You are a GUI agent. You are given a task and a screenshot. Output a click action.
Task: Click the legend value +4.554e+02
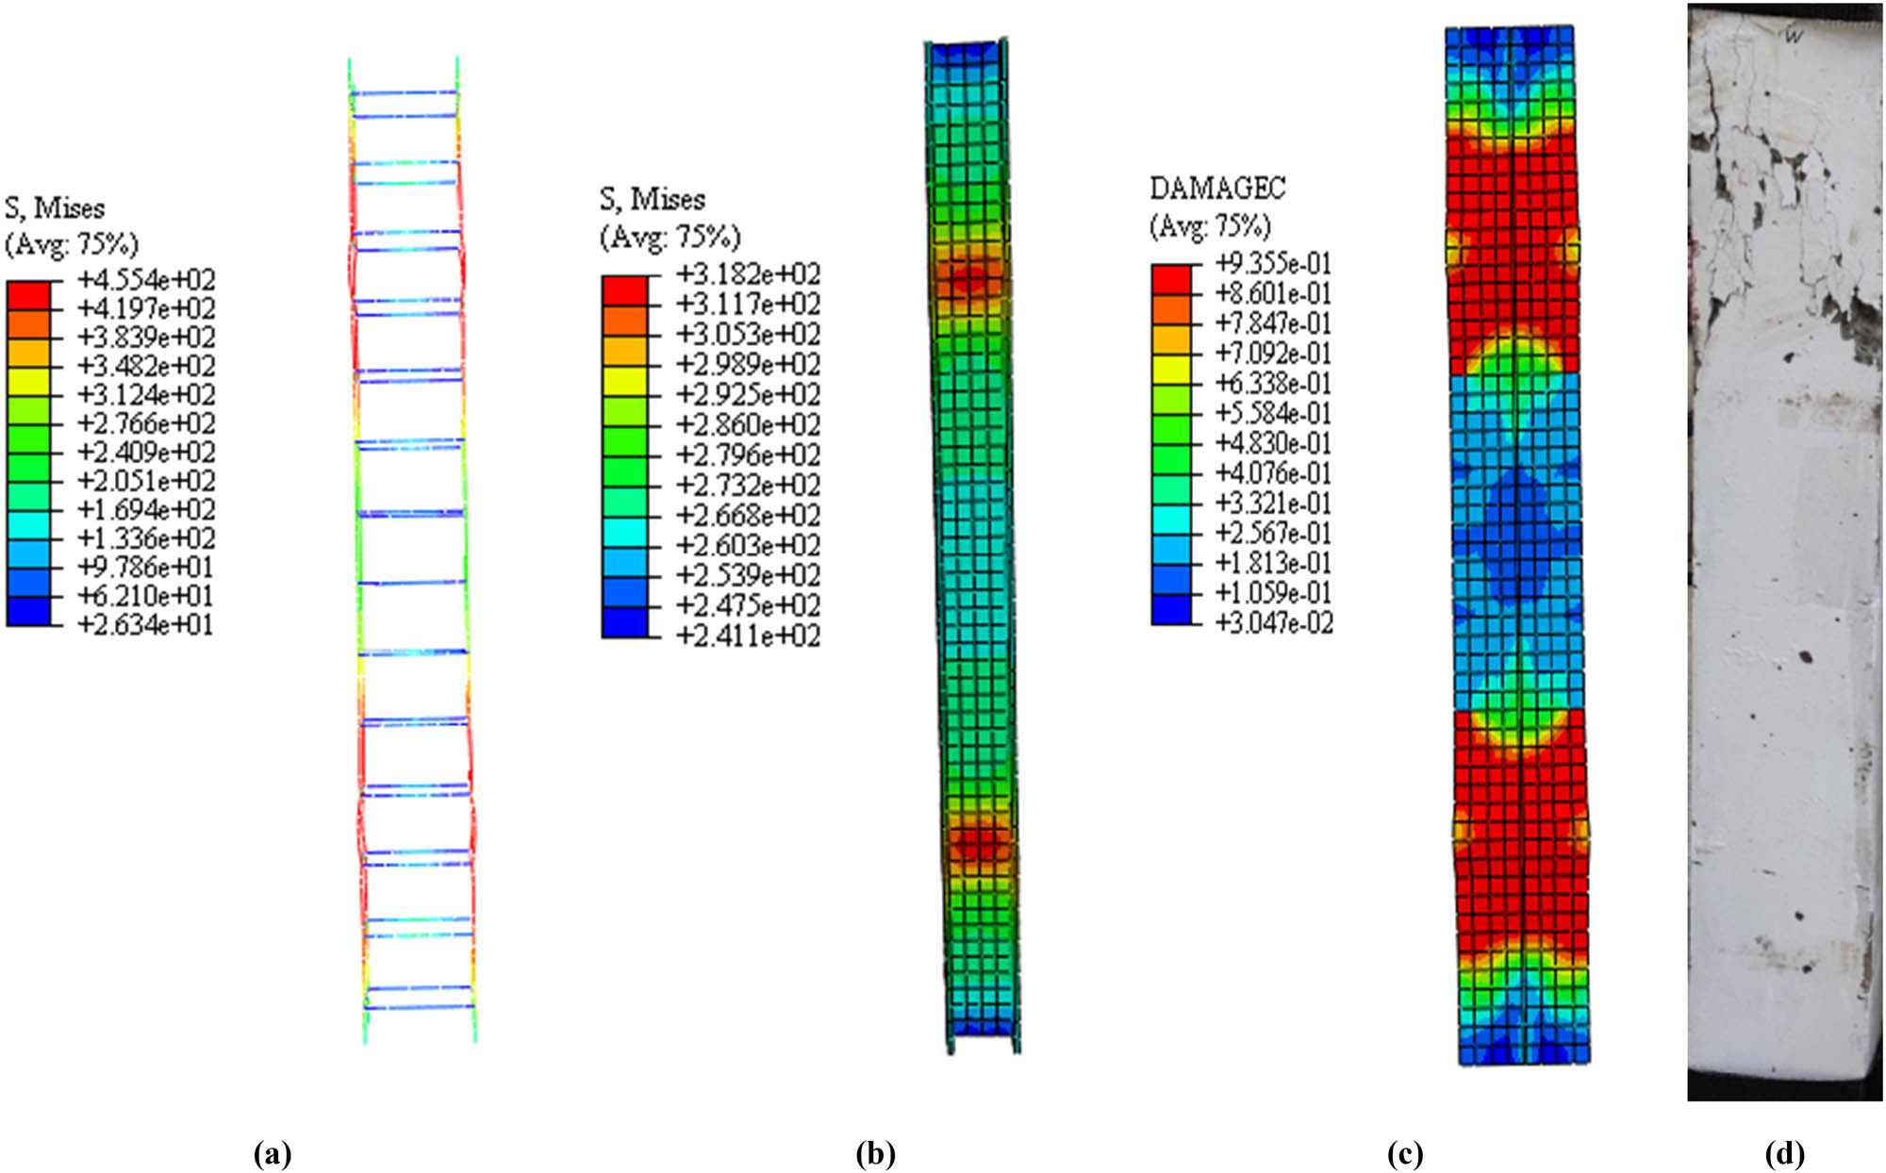tap(146, 280)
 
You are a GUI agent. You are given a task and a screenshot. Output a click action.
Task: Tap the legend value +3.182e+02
tap(748, 274)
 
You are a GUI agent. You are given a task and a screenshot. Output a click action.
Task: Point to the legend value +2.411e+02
tap(748, 636)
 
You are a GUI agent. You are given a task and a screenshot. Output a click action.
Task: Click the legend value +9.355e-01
tap(1273, 263)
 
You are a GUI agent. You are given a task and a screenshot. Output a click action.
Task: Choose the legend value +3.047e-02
tap(1273, 623)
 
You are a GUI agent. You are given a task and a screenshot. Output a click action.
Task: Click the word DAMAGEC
tap(1216, 189)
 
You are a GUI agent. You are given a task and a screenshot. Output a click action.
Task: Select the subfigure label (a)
tap(273, 1153)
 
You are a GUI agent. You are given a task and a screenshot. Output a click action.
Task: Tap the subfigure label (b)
tap(875, 1153)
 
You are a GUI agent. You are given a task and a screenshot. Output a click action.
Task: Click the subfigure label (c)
tap(1405, 1153)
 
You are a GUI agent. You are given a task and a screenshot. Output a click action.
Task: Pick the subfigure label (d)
tap(1784, 1153)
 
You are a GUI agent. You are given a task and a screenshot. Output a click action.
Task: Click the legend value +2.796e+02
tap(748, 455)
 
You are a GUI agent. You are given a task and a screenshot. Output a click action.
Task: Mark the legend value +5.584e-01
tap(1273, 413)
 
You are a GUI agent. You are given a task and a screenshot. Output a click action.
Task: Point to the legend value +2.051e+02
tap(146, 481)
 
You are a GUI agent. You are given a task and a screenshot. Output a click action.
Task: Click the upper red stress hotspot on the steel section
tap(968, 277)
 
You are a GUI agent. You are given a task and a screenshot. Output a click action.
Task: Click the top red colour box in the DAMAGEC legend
tap(1170, 279)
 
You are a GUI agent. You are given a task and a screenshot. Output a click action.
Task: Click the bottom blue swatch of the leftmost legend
tap(28, 612)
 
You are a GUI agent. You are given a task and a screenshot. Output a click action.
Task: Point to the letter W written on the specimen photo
tap(1794, 37)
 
